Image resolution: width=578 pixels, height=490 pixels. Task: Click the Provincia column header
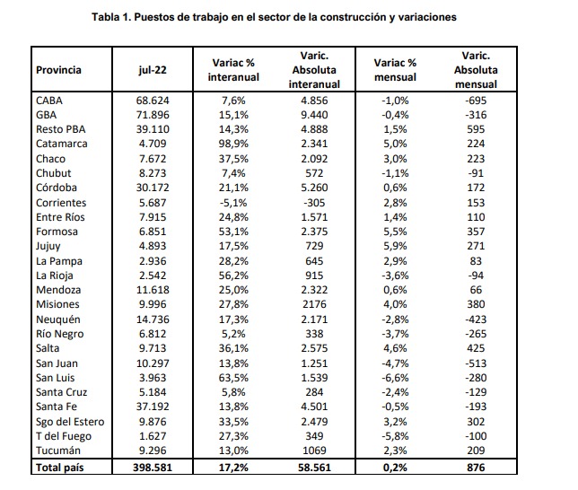click(58, 70)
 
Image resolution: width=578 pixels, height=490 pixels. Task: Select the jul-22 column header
click(153, 70)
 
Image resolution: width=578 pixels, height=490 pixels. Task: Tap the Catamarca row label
click(62, 144)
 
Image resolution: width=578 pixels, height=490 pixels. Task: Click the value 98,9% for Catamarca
click(233, 144)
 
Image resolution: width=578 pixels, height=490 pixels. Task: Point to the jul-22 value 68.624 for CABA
click(153, 101)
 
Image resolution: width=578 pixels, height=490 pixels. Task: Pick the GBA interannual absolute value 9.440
click(314, 115)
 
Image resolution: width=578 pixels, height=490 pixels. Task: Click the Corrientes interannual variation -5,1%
click(233, 203)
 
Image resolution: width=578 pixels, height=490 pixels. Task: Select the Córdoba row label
click(57, 188)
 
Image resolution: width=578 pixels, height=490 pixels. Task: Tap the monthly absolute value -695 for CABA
click(476, 101)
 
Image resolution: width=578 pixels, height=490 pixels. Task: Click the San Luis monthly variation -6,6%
click(395, 378)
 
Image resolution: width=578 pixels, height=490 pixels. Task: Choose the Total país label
click(60, 468)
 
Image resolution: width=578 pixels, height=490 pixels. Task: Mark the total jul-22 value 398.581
click(153, 468)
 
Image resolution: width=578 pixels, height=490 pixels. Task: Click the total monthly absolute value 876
click(476, 468)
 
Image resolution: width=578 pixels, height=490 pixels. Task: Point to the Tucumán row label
click(57, 451)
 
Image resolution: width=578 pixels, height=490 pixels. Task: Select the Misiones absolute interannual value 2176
click(314, 304)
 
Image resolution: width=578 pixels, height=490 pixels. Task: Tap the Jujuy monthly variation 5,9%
click(395, 246)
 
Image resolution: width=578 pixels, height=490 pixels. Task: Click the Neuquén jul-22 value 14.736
click(153, 319)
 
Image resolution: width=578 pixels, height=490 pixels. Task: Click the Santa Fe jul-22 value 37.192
click(153, 407)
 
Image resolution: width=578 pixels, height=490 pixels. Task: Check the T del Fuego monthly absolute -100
click(476, 436)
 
